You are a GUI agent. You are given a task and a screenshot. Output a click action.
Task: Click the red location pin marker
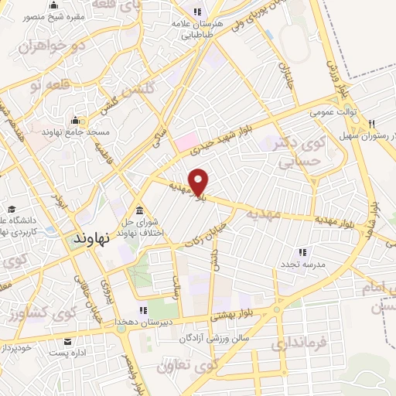click(x=199, y=182)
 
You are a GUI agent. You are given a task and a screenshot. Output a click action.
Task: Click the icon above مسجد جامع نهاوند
click(x=75, y=120)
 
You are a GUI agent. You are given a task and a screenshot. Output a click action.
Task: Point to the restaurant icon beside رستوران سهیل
click(x=372, y=123)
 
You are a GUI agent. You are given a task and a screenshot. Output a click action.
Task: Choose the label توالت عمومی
click(x=333, y=112)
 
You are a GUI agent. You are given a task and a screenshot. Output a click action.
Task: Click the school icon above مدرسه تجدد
click(x=302, y=251)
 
